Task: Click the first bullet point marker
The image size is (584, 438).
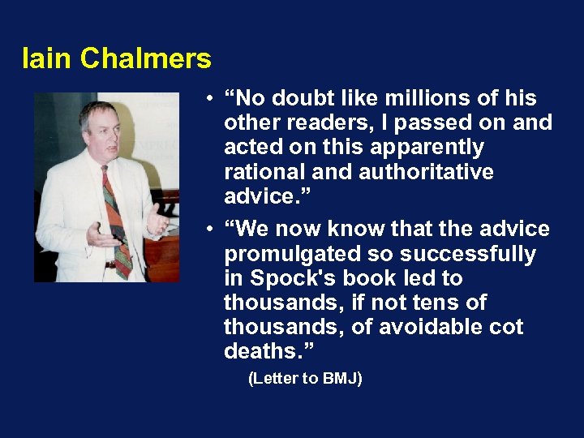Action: [x=209, y=99]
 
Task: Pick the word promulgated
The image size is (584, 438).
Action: [x=287, y=255]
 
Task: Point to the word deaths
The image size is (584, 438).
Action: [x=265, y=352]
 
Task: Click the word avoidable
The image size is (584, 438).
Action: [x=449, y=328]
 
